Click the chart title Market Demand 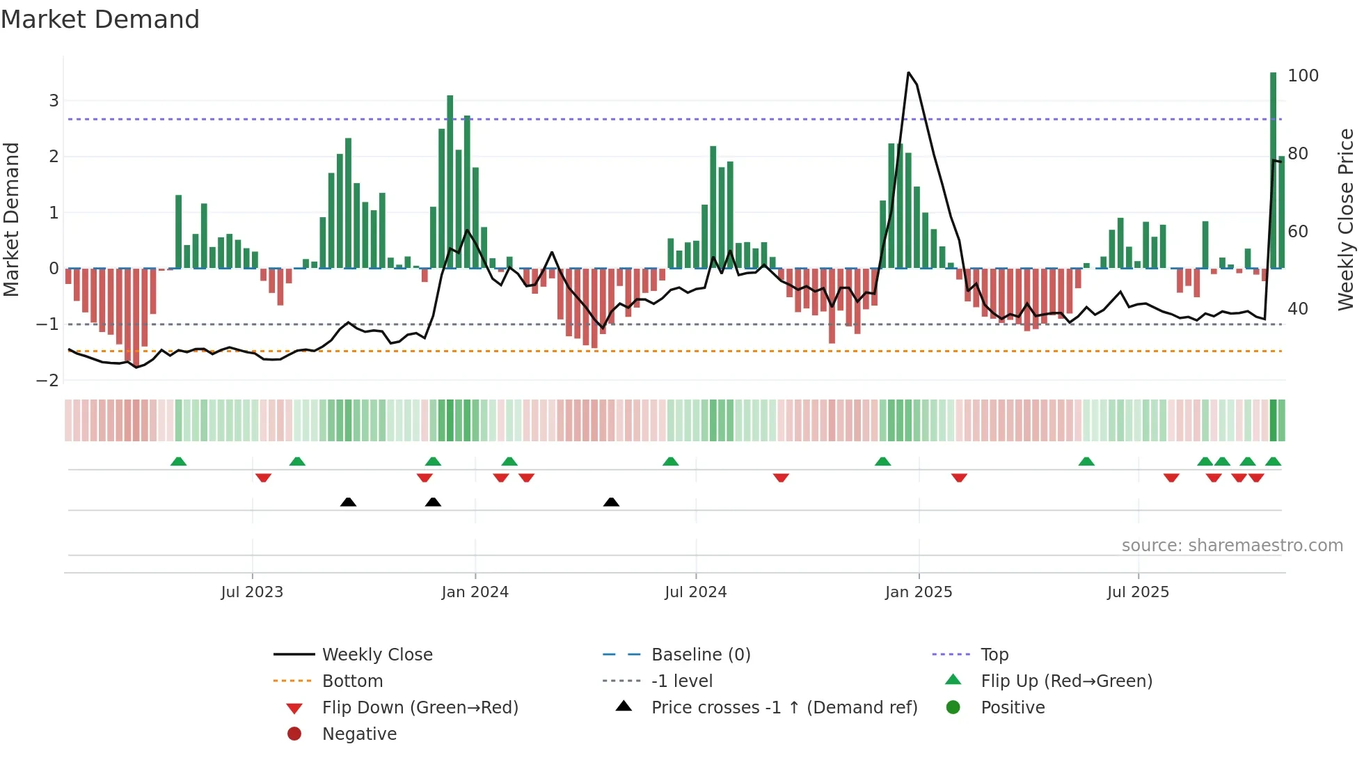click(100, 19)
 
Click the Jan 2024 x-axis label click(475, 592)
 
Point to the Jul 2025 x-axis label click(1138, 592)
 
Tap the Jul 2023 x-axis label click(252, 592)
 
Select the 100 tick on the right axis click(1303, 76)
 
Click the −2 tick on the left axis click(48, 381)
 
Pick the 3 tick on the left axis click(54, 101)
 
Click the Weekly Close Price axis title click(1346, 219)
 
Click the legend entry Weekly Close click(376, 655)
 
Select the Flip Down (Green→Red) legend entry click(420, 708)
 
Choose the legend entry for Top click(994, 655)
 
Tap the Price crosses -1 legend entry click(784, 708)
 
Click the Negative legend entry click(359, 734)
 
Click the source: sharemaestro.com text click(1232, 546)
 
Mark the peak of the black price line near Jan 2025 click(908, 72)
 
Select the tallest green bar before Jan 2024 click(450, 181)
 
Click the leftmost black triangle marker click(349, 502)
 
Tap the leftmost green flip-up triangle click(179, 461)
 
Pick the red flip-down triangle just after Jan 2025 click(959, 477)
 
